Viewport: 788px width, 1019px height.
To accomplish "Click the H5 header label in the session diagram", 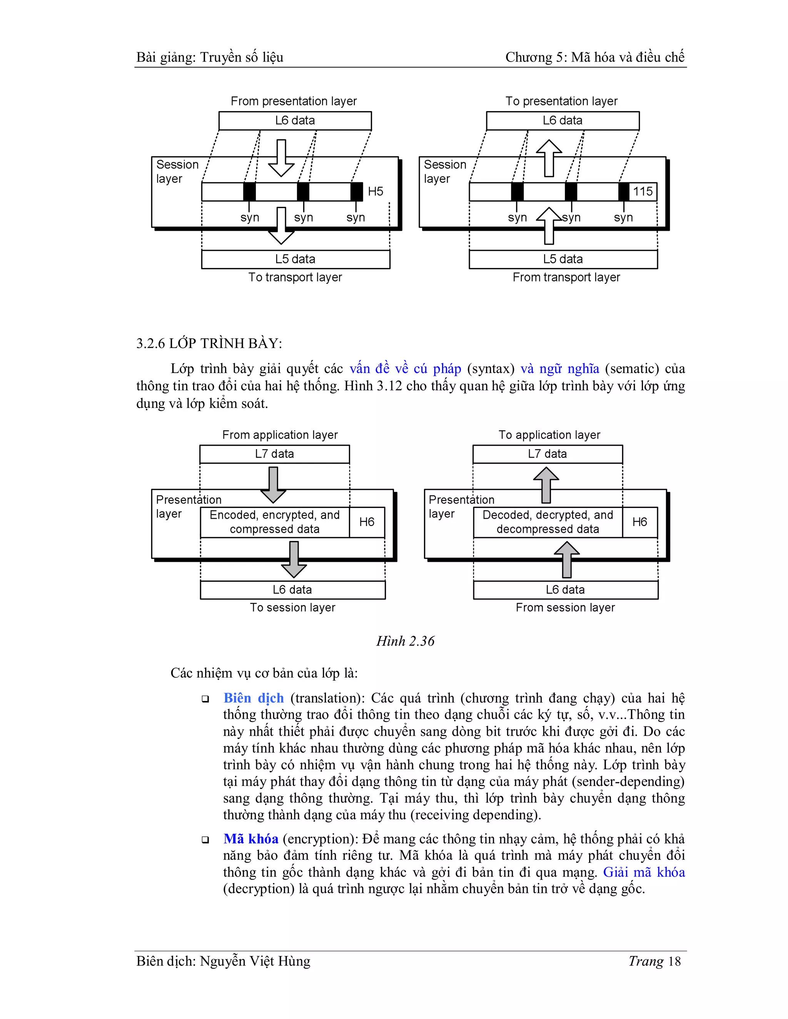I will click(x=375, y=191).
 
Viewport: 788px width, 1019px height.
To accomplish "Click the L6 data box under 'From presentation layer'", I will click(x=295, y=121).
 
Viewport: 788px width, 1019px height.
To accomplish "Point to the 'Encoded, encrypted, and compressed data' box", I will click(x=274, y=522).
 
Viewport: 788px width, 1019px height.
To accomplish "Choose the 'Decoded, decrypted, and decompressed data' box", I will click(x=548, y=522).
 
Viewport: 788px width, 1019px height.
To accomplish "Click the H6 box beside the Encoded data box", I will click(x=367, y=522).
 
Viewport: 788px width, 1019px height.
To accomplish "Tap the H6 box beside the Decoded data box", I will click(x=639, y=522).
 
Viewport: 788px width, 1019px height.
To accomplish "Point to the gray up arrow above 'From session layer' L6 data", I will click(x=566, y=559).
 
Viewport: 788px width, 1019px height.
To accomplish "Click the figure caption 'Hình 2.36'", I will click(x=405, y=641).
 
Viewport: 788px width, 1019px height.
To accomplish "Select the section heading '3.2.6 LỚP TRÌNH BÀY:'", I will click(x=209, y=343).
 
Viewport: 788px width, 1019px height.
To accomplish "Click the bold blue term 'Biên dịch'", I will click(x=254, y=698).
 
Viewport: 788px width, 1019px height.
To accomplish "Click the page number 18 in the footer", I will click(x=674, y=961).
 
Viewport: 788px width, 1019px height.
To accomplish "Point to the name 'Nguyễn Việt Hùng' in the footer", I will click(x=255, y=961).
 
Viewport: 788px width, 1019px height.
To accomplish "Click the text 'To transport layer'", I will click(x=295, y=277).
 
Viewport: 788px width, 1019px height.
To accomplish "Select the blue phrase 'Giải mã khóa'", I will click(x=644, y=872).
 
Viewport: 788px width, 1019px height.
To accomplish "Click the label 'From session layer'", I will click(x=565, y=608).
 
